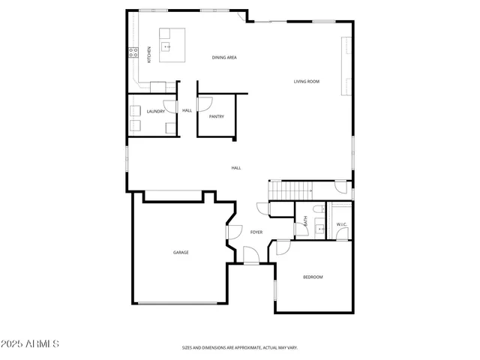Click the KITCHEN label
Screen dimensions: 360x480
(149, 54)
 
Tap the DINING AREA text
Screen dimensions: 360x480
(224, 57)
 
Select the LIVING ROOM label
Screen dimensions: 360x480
(307, 81)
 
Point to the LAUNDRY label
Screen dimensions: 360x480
(156, 112)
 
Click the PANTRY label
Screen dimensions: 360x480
(217, 116)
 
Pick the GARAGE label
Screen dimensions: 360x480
(181, 252)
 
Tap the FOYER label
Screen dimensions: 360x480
(256, 232)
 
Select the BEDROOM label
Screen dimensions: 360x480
(313, 277)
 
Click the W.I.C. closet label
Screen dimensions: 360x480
(340, 224)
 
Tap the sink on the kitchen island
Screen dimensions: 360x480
(168, 46)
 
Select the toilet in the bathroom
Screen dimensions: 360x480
(318, 208)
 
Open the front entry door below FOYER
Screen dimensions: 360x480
(251, 257)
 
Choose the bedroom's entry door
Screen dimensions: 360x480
(283, 247)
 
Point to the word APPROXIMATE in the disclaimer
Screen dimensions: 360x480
(241, 348)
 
